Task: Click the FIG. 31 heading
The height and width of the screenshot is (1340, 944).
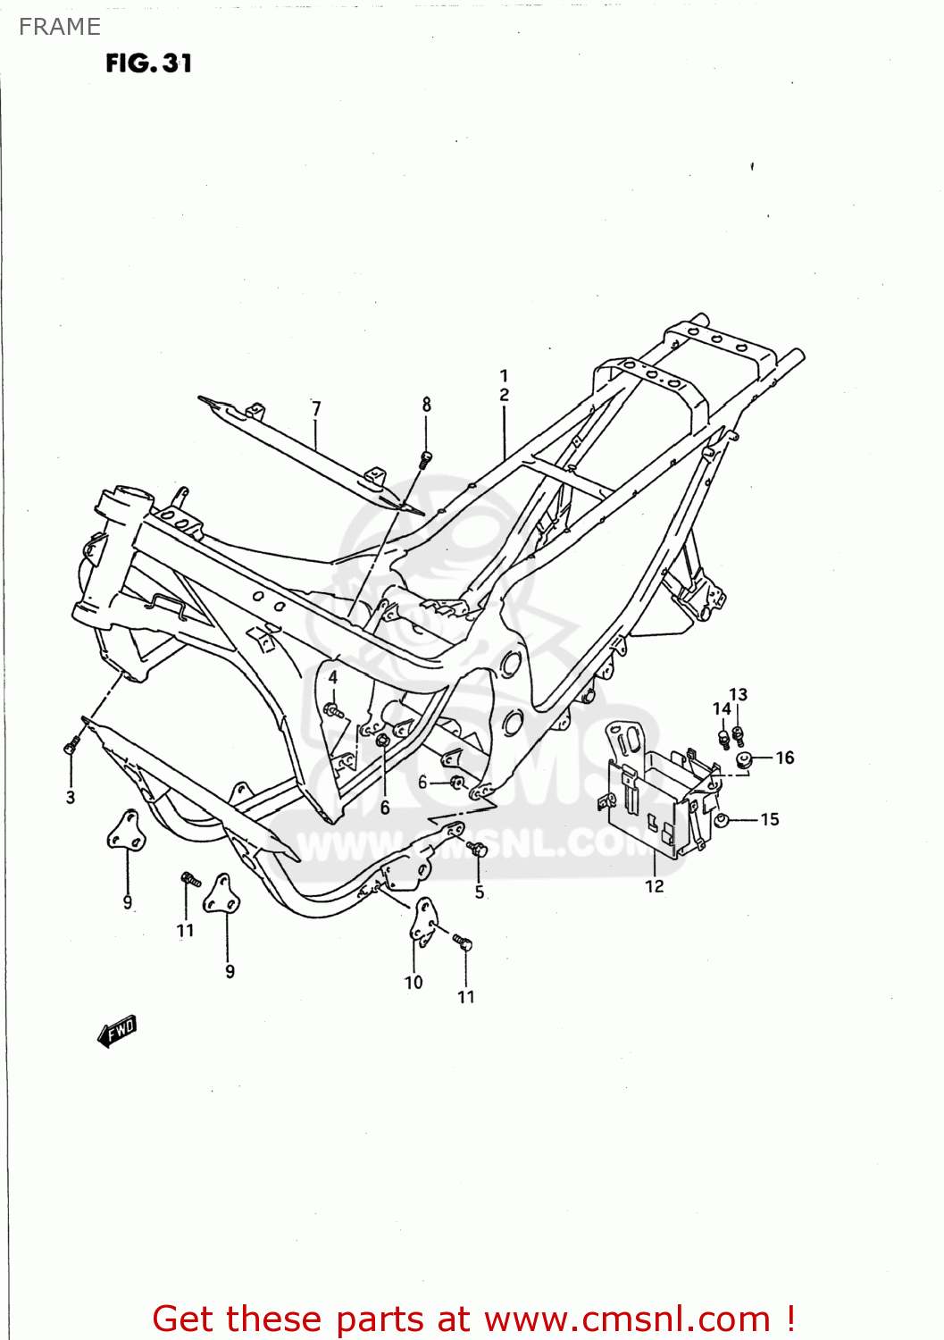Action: click(x=148, y=63)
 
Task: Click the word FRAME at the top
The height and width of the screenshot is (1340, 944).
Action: click(x=60, y=27)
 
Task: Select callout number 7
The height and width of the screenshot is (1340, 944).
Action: click(x=316, y=408)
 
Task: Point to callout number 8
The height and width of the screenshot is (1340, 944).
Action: click(x=427, y=404)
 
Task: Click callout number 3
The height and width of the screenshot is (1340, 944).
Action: click(x=71, y=797)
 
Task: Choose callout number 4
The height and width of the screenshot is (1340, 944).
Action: click(x=333, y=677)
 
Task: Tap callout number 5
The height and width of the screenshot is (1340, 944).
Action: click(x=480, y=892)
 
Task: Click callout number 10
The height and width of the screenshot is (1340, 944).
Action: click(x=414, y=982)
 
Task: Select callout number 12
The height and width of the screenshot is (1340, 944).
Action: click(x=655, y=885)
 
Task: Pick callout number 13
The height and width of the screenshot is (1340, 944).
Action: click(x=739, y=694)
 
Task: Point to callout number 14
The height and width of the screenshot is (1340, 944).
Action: click(x=722, y=708)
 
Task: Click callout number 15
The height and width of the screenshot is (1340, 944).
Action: click(x=770, y=819)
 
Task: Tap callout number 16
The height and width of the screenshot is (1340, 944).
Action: click(x=785, y=758)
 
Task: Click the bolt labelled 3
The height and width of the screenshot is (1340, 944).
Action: click(x=71, y=744)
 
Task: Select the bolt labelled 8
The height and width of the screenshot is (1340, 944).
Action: click(x=426, y=460)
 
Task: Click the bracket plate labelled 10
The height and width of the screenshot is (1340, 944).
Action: click(x=423, y=921)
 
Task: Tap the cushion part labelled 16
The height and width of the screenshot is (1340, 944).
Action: click(x=742, y=760)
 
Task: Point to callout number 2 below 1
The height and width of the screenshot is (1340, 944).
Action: click(x=505, y=395)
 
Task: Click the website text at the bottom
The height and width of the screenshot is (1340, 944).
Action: click(x=473, y=1319)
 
